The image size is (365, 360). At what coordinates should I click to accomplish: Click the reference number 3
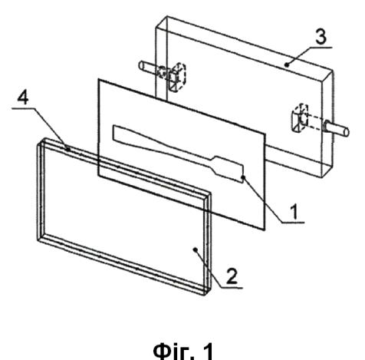tap(321, 37)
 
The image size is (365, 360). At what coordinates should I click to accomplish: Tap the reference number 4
tap(23, 97)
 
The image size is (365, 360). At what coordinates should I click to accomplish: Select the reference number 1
tap(294, 212)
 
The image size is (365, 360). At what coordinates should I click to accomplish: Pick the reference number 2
tap(232, 276)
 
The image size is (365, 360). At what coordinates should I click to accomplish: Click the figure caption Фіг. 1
tap(183, 351)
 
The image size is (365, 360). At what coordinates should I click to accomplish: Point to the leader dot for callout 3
tap(287, 65)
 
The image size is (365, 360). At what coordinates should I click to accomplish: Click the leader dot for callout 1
tap(243, 177)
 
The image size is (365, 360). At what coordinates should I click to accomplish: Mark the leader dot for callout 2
tap(196, 249)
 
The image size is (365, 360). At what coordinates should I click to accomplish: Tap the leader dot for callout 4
tap(67, 149)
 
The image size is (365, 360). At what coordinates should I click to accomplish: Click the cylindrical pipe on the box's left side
tap(148, 68)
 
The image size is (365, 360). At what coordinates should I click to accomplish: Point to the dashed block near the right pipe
tap(300, 117)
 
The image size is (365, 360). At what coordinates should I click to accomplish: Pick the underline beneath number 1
tap(294, 222)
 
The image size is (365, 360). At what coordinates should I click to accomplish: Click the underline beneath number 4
tap(24, 108)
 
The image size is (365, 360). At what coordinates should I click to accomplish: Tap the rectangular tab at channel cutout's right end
tap(229, 169)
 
